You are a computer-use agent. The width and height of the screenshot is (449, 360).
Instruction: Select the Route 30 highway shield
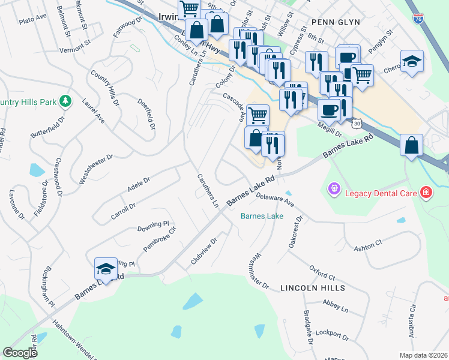point(357,123)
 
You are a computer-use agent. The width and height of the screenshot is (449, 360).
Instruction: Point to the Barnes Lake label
point(262,216)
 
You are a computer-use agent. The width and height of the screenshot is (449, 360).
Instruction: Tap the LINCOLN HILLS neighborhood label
point(313,288)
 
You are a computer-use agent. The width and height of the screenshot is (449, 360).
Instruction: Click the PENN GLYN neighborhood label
point(336,22)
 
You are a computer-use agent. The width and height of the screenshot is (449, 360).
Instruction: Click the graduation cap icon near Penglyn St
point(412,61)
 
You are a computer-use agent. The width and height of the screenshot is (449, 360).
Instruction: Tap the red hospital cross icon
point(426,191)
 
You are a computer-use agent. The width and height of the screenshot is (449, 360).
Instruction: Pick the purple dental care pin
point(334,189)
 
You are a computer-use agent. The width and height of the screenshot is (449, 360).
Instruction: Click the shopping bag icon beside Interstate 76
point(411,145)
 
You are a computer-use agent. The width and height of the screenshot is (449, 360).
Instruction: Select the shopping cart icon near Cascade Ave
point(258,114)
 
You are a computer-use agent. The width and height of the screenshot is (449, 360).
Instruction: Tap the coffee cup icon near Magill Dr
point(328,109)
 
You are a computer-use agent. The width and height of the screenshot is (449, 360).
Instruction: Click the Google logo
point(20,353)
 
